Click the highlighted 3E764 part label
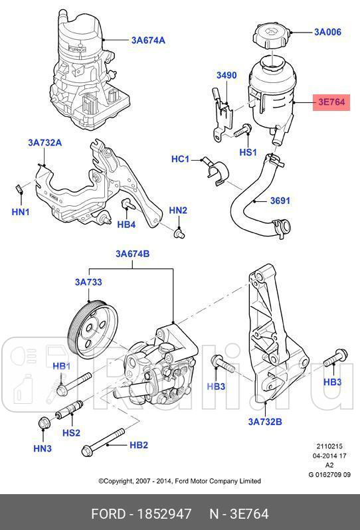point(331,102)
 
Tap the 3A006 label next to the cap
point(327,31)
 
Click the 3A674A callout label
point(147,40)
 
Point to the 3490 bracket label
point(226,76)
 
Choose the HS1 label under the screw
point(248,152)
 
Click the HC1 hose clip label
point(180,159)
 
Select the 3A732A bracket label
point(45,143)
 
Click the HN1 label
point(21,212)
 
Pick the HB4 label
point(126,224)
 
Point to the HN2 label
point(178,211)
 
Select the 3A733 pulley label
point(88,282)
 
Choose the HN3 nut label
point(43,450)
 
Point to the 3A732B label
point(265,421)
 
